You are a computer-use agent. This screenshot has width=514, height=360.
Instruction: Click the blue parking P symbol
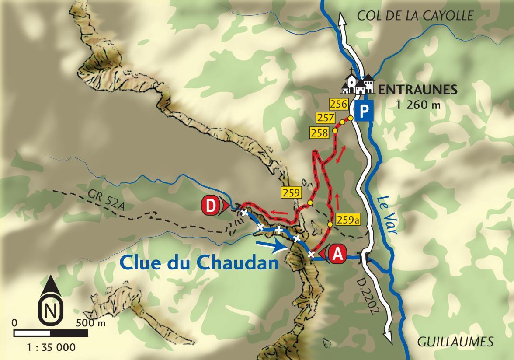[x=364, y=112]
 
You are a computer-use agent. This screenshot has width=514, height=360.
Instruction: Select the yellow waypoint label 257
[x=327, y=118]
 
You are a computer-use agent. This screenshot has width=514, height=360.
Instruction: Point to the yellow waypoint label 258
[x=319, y=132]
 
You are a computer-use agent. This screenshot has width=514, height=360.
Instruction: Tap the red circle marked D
[x=211, y=206]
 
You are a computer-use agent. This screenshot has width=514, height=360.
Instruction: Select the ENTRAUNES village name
[x=418, y=90]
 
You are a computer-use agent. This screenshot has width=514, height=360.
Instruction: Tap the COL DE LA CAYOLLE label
[x=415, y=16]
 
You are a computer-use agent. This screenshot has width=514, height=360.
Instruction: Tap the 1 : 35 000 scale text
[x=51, y=348]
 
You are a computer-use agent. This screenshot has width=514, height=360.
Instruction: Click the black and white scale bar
[x=51, y=333]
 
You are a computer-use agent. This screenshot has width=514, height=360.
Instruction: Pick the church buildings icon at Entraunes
[x=358, y=83]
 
